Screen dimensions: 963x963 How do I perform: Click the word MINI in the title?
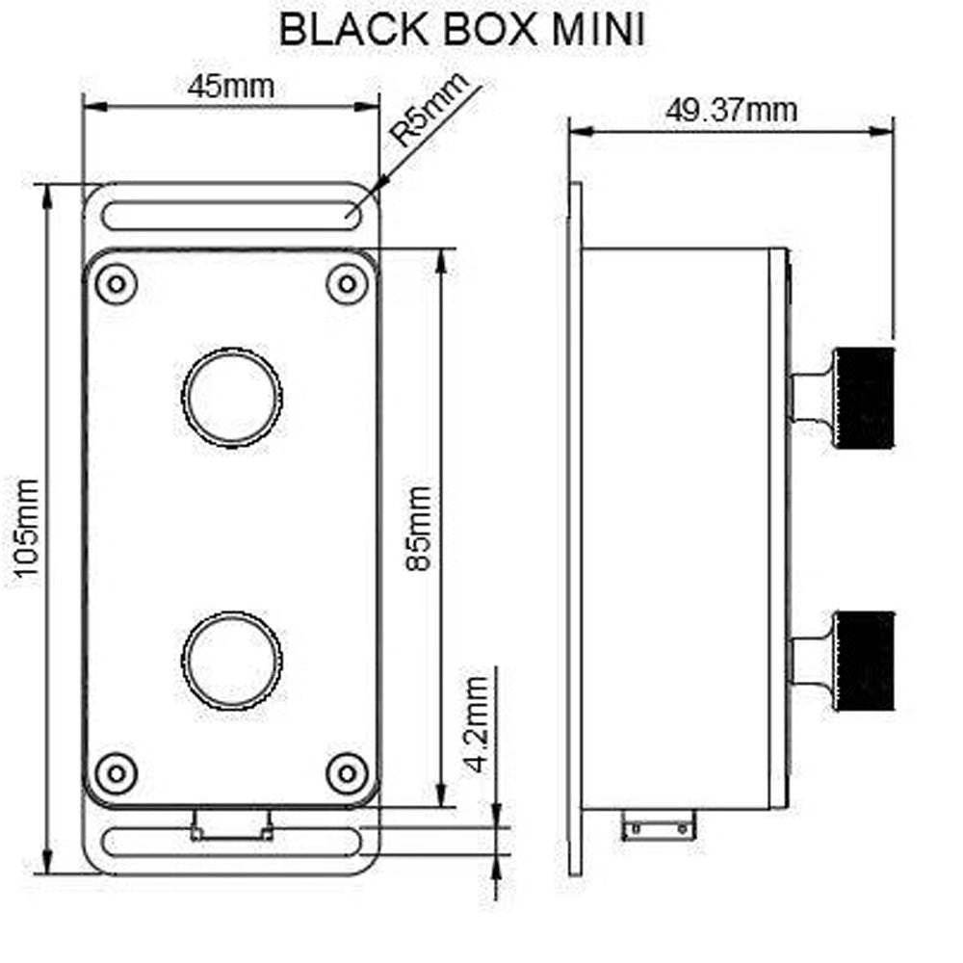597,29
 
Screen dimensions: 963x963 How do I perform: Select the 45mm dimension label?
231,86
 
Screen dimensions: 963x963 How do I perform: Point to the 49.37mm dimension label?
732,110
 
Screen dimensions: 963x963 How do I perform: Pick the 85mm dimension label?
420,528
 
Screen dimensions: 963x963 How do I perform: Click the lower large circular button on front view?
232,659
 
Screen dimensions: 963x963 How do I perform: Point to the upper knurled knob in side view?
865,397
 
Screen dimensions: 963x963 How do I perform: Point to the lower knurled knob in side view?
865,662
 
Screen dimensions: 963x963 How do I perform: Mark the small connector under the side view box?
659,825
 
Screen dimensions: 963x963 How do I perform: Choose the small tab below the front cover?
231,824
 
